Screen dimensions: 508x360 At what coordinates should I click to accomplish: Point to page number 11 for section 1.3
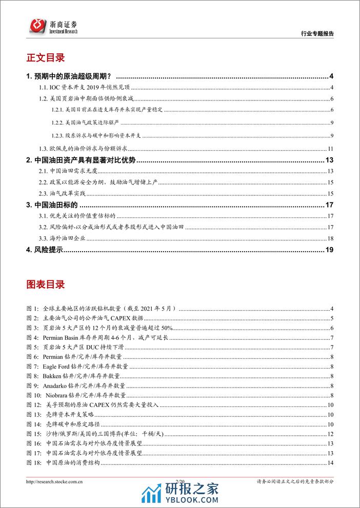331,149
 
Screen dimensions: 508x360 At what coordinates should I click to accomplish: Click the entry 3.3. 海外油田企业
67,238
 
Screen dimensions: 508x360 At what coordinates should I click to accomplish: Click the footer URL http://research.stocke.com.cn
55,481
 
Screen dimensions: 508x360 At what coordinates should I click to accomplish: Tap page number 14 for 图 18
331,463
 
